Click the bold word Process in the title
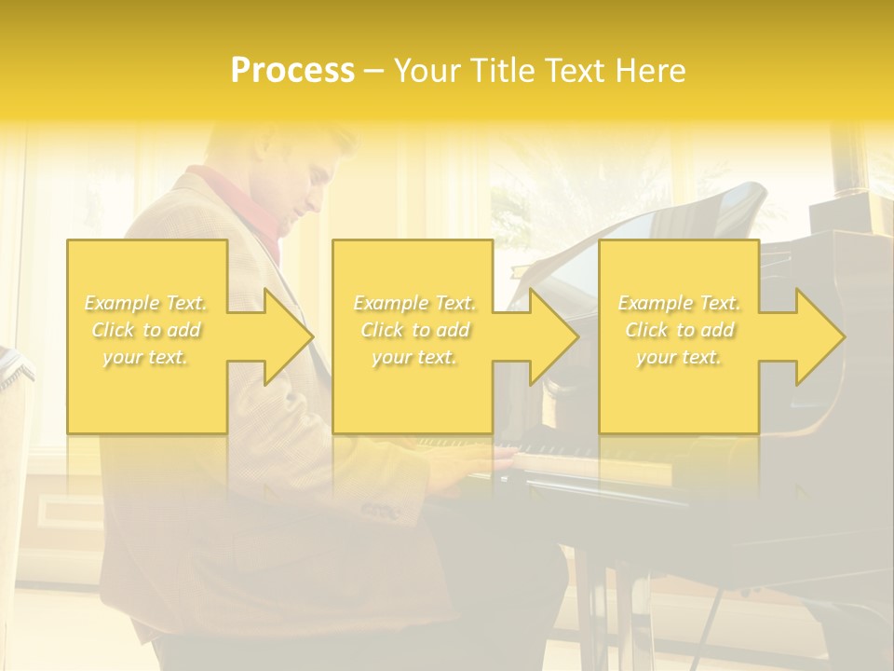coord(292,71)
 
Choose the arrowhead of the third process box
coord(820,336)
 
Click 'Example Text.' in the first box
coord(146,303)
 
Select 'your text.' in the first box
coord(146,357)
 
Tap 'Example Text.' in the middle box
coord(414,303)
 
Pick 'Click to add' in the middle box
coord(414,330)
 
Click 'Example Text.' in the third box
coord(679,303)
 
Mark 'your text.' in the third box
coord(679,357)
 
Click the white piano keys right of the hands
coord(559,457)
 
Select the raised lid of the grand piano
coord(652,233)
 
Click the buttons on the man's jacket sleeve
coord(380,511)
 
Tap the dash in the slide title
coord(373,71)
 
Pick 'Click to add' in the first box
coord(146,330)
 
